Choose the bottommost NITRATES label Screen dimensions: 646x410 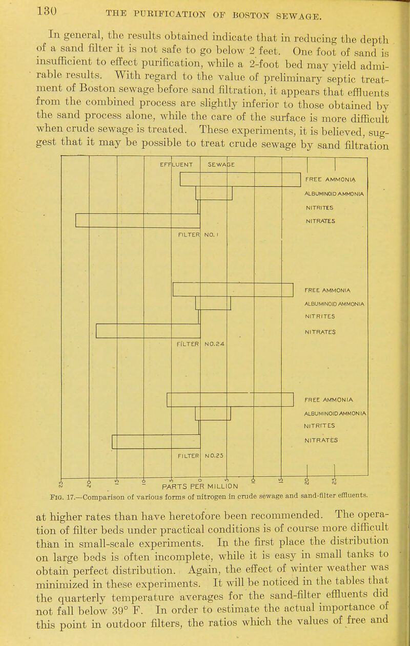coord(323,439)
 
